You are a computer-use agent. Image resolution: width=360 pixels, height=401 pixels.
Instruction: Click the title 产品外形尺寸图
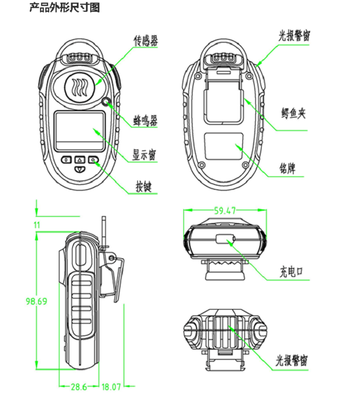[x=64, y=7]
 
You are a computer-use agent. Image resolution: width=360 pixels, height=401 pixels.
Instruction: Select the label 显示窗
[x=144, y=156]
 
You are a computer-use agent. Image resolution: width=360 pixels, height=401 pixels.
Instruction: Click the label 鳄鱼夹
[x=293, y=114]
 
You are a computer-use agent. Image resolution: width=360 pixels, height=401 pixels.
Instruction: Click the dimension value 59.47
[x=225, y=211]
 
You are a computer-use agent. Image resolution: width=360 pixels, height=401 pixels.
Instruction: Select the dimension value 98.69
[x=36, y=302]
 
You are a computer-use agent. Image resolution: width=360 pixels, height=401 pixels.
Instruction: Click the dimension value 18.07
[x=111, y=385]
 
